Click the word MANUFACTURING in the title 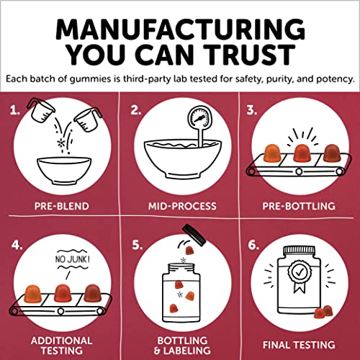[x=180, y=30]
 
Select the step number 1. [x=15, y=110]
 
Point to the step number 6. [x=253, y=246]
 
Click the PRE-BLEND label [x=62, y=206]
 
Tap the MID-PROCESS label [x=182, y=206]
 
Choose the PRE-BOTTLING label [x=299, y=206]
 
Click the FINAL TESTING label [x=299, y=345]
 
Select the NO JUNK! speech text [x=72, y=259]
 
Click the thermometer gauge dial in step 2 [x=199, y=118]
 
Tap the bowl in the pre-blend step [x=64, y=171]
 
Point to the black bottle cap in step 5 [x=194, y=235]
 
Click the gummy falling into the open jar [x=190, y=251]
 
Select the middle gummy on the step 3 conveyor [x=302, y=153]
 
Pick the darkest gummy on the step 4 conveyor [x=92, y=293]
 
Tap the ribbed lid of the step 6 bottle [x=299, y=251]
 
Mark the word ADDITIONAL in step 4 [x=61, y=341]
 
